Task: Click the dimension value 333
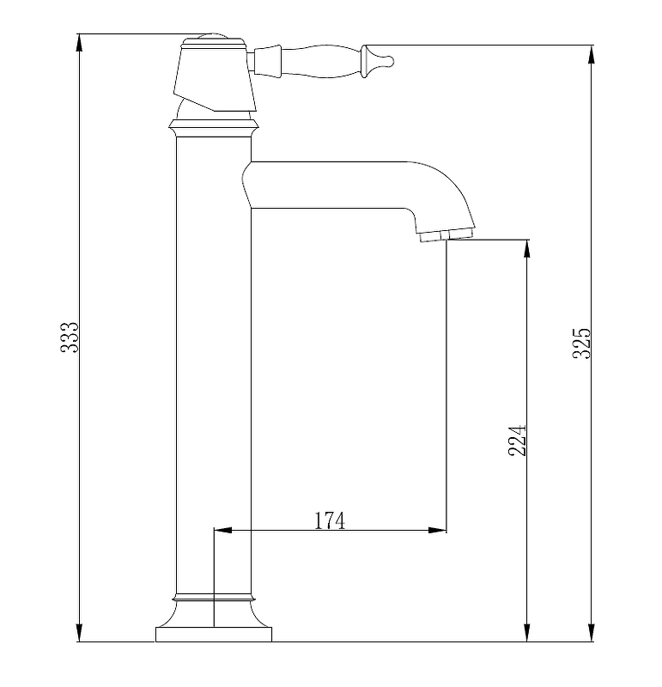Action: point(70,337)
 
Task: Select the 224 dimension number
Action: point(517,441)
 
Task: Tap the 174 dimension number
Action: point(330,520)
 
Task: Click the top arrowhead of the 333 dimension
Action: point(79,43)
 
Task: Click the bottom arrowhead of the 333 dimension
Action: point(79,633)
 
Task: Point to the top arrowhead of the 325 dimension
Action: point(592,54)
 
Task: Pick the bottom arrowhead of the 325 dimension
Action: point(592,633)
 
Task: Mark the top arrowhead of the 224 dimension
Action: point(527,249)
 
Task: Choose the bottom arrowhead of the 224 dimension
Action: point(527,633)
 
